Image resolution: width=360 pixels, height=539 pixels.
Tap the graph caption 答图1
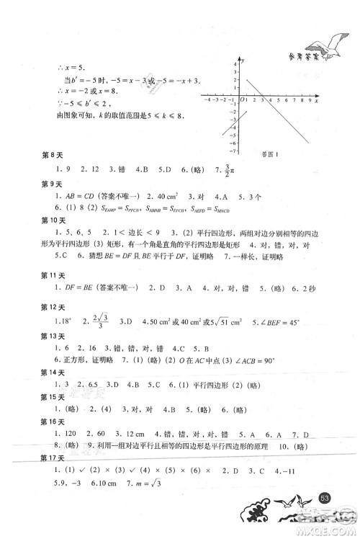[267, 153]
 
